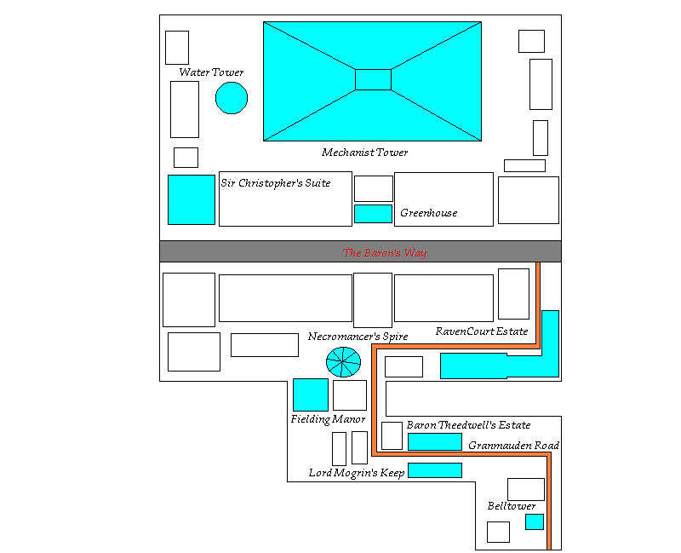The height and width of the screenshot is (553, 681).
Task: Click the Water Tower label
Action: pos(211,72)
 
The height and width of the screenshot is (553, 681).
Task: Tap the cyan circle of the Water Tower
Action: pos(232,98)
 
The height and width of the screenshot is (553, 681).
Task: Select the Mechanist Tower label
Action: pos(365,153)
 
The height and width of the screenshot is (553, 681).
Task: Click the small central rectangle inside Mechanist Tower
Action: pos(373,79)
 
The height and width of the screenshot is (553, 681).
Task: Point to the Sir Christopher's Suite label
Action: pos(276,183)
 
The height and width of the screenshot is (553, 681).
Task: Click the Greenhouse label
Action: pos(429,212)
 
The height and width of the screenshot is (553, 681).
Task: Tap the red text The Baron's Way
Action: pos(385,252)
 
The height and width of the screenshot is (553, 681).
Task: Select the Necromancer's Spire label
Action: pos(358,337)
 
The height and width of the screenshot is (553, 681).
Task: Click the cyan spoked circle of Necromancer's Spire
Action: pos(343,362)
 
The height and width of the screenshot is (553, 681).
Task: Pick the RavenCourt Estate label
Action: pos(482,331)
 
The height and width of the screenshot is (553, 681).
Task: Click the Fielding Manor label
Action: pos(328,419)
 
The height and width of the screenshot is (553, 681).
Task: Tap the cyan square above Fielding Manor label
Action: pos(311,395)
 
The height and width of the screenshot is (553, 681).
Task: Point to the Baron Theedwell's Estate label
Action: pos(469,424)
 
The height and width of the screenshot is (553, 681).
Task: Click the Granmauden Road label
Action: pos(513,445)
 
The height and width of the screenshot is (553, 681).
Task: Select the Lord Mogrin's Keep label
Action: pos(357,473)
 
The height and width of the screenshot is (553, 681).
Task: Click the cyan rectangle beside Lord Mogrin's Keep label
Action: pos(435,470)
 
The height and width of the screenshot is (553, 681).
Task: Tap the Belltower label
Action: pos(512,505)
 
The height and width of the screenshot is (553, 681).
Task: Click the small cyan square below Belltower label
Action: pos(535,521)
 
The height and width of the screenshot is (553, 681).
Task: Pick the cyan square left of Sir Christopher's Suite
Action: pos(192,199)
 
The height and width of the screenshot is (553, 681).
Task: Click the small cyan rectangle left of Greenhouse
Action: pos(373,214)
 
